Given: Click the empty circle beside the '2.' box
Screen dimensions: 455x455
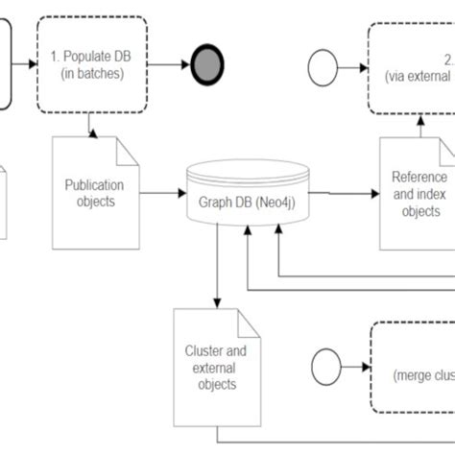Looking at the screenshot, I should pos(323,67).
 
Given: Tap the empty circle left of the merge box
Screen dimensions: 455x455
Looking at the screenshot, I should pos(326,368).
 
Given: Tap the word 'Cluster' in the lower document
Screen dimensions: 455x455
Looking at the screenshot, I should pos(203,350).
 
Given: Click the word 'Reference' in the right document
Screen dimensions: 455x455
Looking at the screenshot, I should pos(419,177).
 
